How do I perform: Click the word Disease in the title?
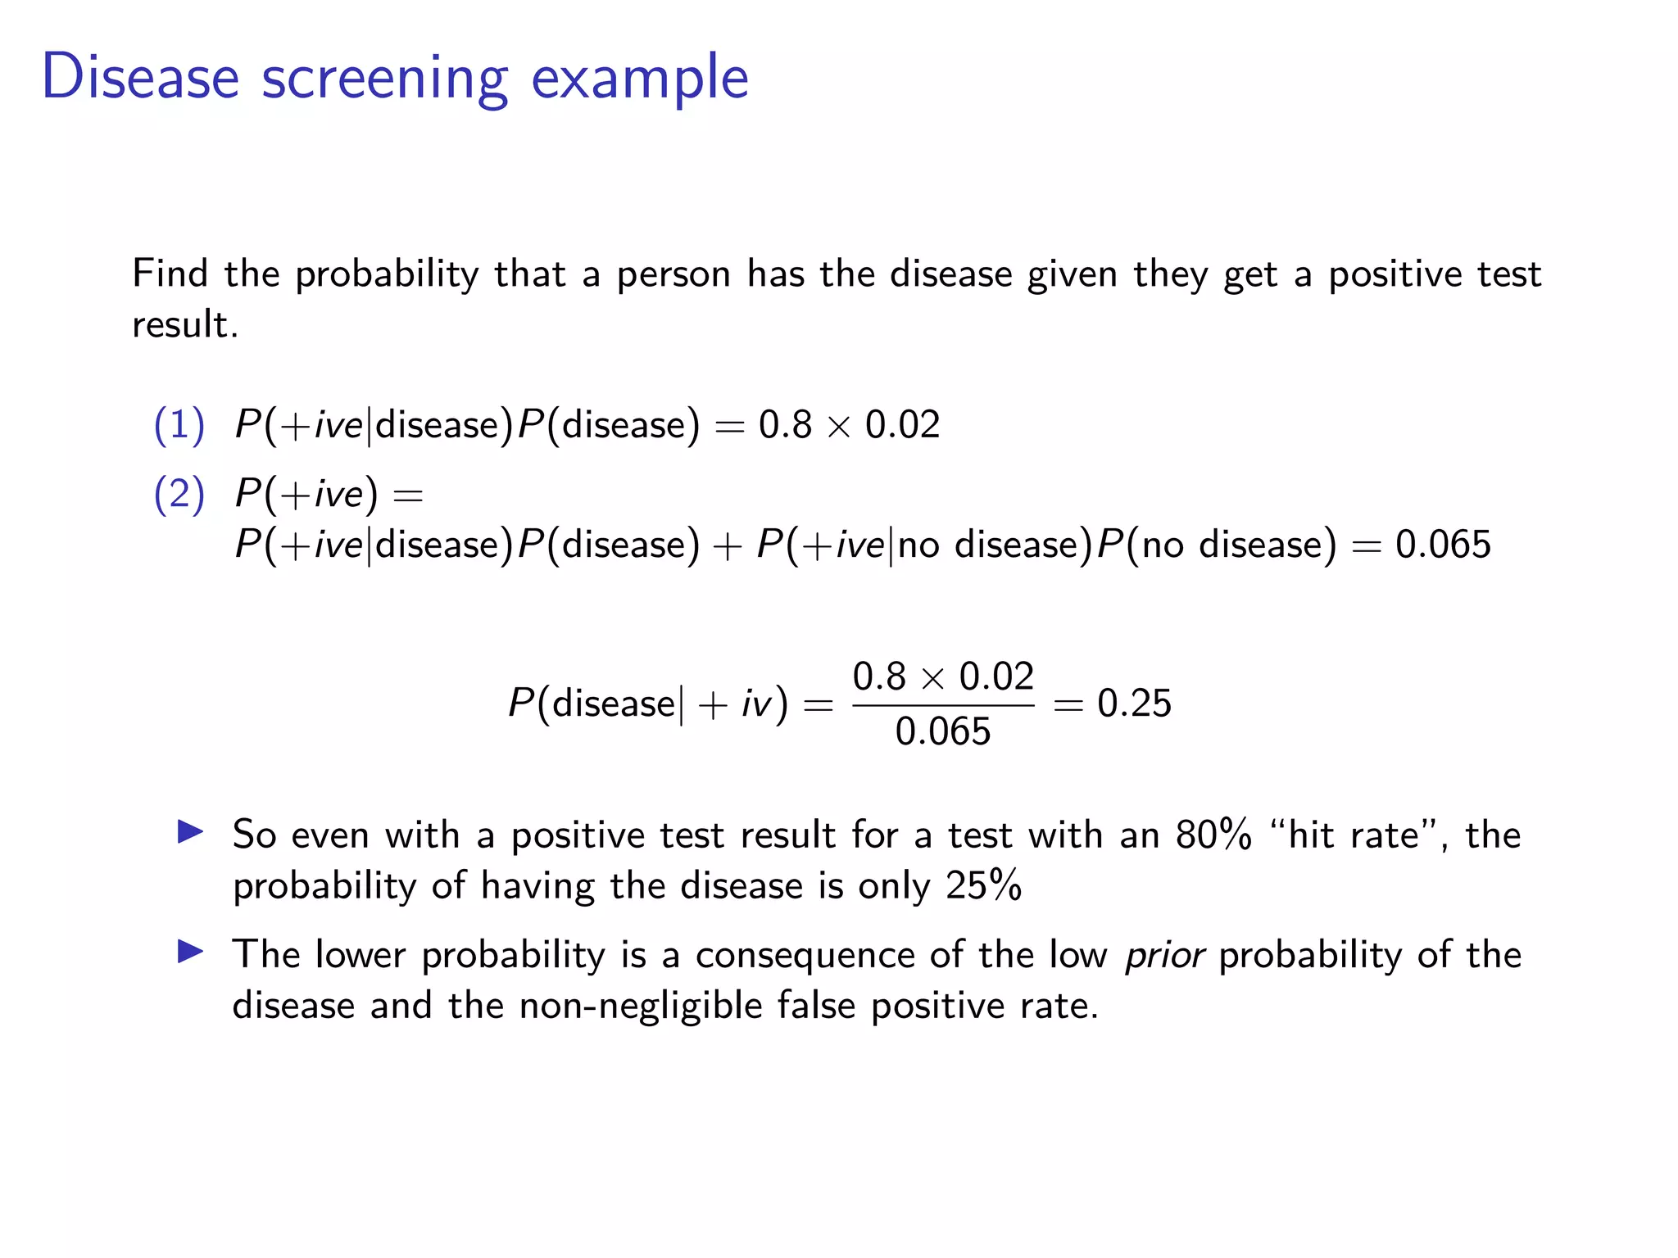[x=140, y=77]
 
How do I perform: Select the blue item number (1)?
[x=179, y=425]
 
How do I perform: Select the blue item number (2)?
[x=179, y=494]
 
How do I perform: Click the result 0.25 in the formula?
[x=1134, y=704]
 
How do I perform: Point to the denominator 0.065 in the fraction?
[x=942, y=731]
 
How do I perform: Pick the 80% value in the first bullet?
[x=1213, y=835]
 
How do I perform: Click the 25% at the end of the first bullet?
[x=983, y=885]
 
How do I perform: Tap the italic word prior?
[x=1164, y=956]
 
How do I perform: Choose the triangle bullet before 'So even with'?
[x=190, y=832]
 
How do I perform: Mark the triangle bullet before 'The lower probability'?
[x=190, y=952]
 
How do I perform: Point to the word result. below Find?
[x=185, y=325]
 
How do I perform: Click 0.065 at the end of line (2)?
[x=1443, y=545]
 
